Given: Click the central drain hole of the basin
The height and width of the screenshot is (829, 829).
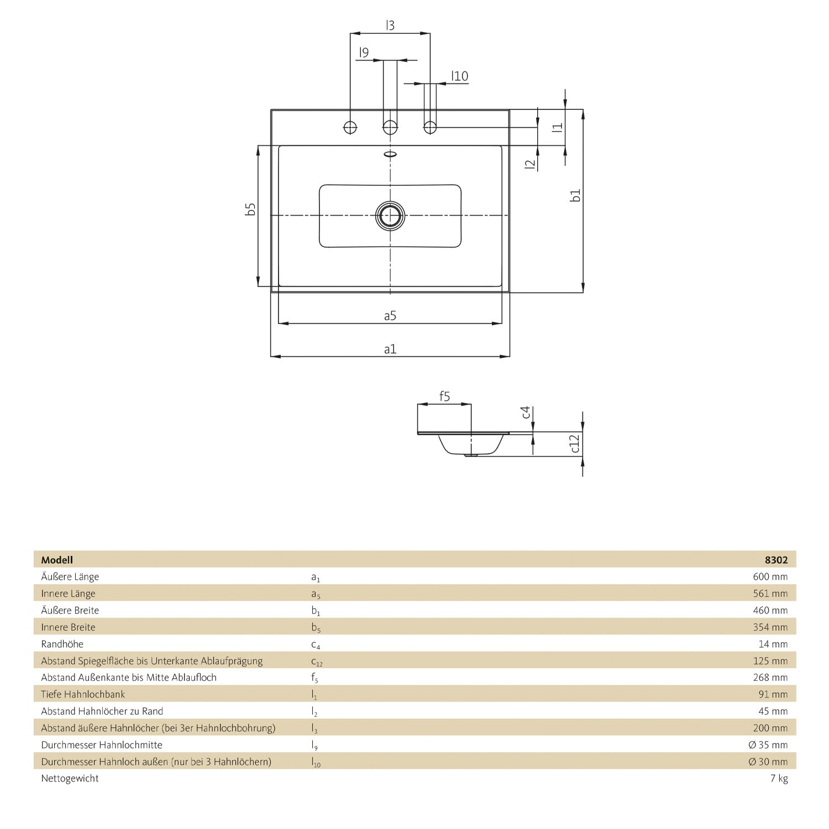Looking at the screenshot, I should [x=390, y=215].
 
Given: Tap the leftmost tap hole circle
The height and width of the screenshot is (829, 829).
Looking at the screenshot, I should [x=350, y=127].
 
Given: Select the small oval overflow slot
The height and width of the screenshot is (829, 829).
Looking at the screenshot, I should [x=390, y=154].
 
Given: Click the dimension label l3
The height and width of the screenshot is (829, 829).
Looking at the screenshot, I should [x=390, y=25].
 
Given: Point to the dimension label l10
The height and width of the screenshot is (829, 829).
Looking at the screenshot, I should [x=459, y=76].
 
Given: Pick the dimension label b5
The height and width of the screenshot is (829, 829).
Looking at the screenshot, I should [x=250, y=209].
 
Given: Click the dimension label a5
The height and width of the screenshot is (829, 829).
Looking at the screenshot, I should [x=390, y=316].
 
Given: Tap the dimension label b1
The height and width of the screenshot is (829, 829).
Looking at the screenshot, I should [x=575, y=196].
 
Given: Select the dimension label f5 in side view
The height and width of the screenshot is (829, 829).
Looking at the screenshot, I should [x=444, y=396].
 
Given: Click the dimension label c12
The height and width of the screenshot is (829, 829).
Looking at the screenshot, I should [x=575, y=443].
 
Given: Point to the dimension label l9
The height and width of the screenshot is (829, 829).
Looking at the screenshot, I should [x=363, y=53].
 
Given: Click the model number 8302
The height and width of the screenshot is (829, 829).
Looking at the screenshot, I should [x=776, y=560].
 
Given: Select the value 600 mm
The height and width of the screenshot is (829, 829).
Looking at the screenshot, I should [x=770, y=576].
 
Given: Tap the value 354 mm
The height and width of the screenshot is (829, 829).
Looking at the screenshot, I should [x=770, y=627].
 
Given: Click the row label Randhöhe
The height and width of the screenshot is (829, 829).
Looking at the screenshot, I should [x=62, y=644].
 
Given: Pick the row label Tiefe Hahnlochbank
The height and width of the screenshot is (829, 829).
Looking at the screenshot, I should [x=83, y=694].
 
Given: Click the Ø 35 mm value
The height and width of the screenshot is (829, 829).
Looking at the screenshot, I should [x=768, y=744].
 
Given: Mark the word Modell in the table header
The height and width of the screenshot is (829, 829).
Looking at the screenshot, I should [x=57, y=560].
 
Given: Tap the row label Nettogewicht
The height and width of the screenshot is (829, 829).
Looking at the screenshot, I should [x=70, y=778].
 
